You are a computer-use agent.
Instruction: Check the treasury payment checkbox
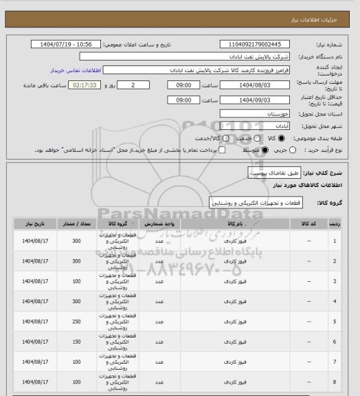coord(221,150)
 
